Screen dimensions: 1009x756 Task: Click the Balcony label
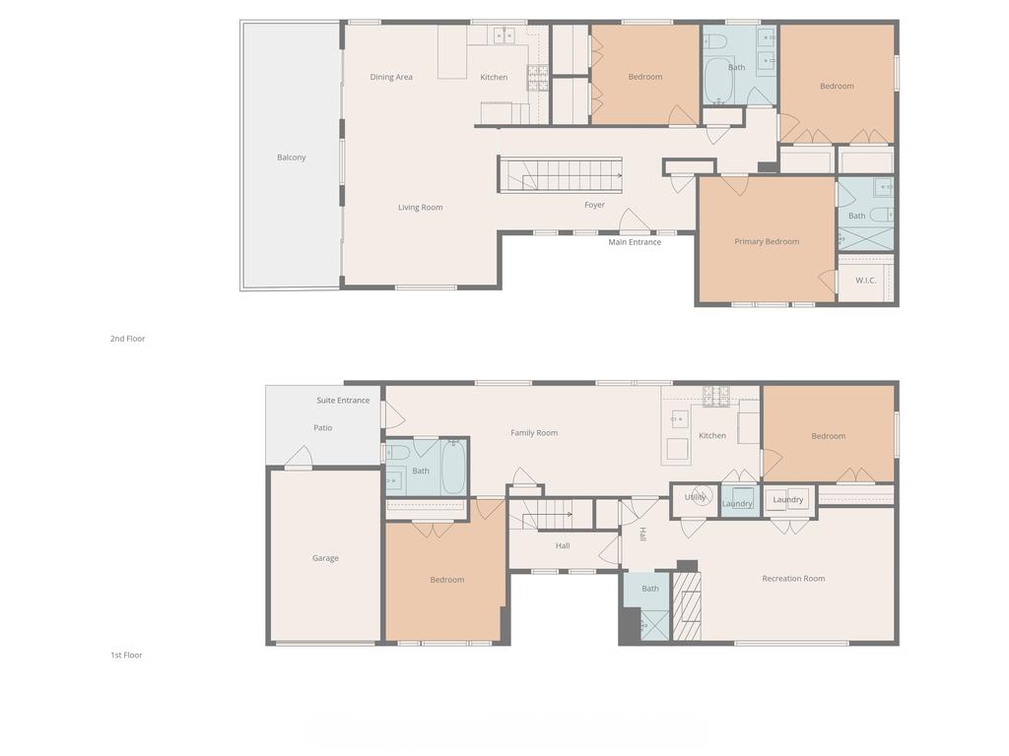[292, 157]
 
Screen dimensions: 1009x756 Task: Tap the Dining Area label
[391, 77]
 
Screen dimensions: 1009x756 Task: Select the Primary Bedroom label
[767, 242]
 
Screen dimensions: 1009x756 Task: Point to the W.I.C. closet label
[865, 281]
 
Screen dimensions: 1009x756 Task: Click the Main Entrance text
[636, 242]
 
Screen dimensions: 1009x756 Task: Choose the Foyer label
[594, 205]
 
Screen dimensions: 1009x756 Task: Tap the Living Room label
[420, 207]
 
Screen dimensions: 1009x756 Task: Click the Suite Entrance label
[343, 400]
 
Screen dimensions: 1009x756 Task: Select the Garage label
[325, 558]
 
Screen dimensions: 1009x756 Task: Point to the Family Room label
[534, 433]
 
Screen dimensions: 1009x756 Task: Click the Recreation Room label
[793, 579]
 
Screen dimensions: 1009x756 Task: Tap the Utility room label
[695, 497]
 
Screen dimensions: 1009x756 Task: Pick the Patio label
[323, 427]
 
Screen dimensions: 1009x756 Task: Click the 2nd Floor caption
[127, 339]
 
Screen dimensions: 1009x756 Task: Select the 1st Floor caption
[126, 655]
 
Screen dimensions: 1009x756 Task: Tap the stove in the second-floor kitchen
[538, 78]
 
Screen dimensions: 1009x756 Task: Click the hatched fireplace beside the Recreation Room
[687, 606]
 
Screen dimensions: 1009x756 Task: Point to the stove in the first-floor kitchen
[716, 397]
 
